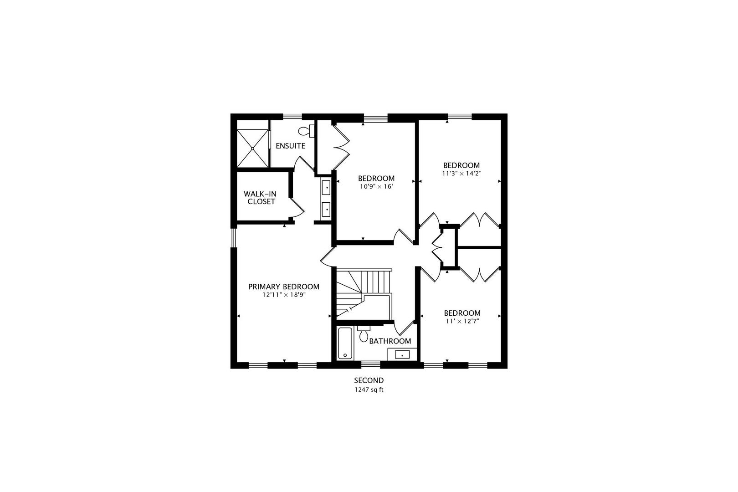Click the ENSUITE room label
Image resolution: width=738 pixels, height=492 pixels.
click(x=290, y=146)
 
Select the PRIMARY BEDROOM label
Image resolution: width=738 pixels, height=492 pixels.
click(x=283, y=287)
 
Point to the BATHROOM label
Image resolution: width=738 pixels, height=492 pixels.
click(x=390, y=341)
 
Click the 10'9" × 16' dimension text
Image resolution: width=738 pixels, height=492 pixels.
click(x=376, y=186)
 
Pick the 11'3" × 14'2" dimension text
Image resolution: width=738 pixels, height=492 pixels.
click(x=461, y=173)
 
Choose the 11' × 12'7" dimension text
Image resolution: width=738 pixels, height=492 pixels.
click(x=462, y=321)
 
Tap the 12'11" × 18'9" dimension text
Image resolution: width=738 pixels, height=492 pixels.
click(x=283, y=295)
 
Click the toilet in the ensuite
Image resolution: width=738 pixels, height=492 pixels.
click(x=306, y=131)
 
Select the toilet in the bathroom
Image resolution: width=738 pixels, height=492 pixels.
click(x=364, y=335)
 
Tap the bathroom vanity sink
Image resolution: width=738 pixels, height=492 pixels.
click(x=402, y=354)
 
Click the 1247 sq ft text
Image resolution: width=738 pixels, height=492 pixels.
click(x=369, y=390)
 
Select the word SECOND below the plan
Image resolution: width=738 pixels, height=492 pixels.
click(x=369, y=380)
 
